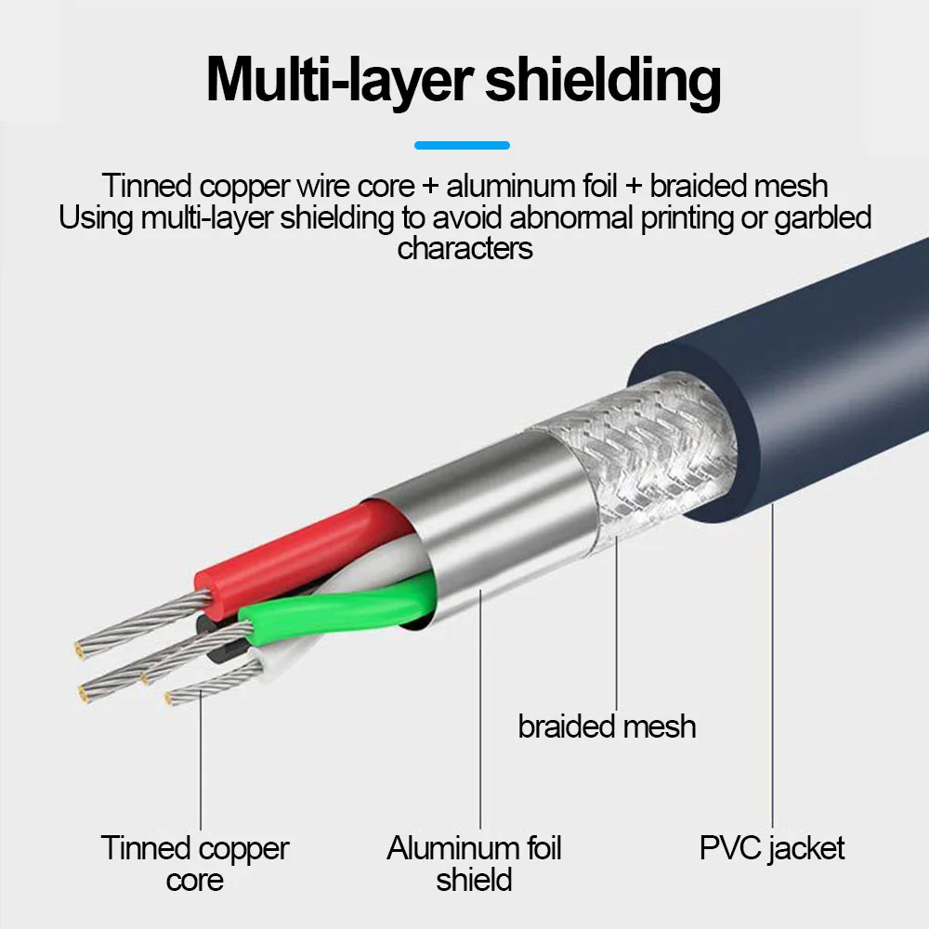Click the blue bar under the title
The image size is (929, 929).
coord(462,145)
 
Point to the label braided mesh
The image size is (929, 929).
coord(607,726)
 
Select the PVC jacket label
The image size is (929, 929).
coord(772,848)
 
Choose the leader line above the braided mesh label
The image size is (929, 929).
coord(616,632)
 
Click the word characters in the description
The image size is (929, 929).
coord(464,248)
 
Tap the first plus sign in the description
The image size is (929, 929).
coord(429,186)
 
